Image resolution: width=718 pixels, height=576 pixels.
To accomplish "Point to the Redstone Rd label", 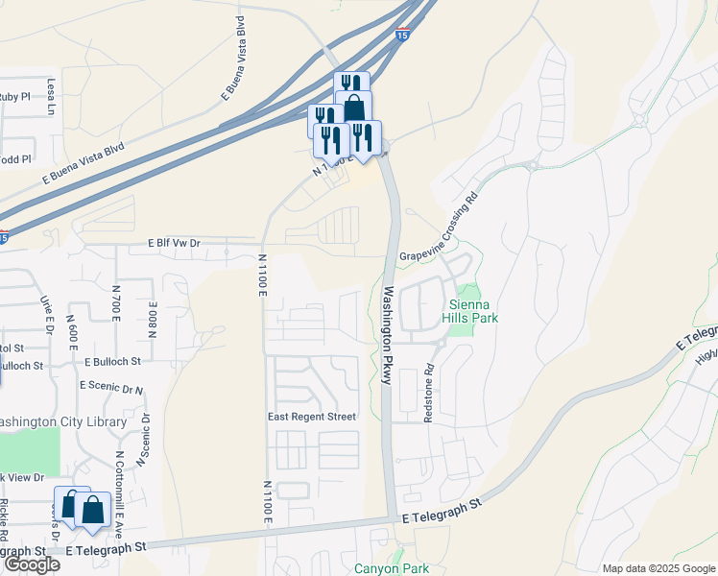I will (429, 394).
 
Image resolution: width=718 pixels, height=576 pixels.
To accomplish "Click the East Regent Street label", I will (311, 417).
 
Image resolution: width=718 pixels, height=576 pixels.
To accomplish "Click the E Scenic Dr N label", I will (112, 388).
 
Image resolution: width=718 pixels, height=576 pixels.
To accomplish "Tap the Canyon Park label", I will (392, 567).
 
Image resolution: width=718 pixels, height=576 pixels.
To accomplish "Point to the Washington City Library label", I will (62, 422).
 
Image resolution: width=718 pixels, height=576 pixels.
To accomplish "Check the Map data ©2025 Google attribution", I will (658, 568).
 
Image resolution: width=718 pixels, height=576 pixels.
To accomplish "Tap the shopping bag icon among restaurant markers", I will (354, 108).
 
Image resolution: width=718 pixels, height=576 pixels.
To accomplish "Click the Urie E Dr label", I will (45, 311).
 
